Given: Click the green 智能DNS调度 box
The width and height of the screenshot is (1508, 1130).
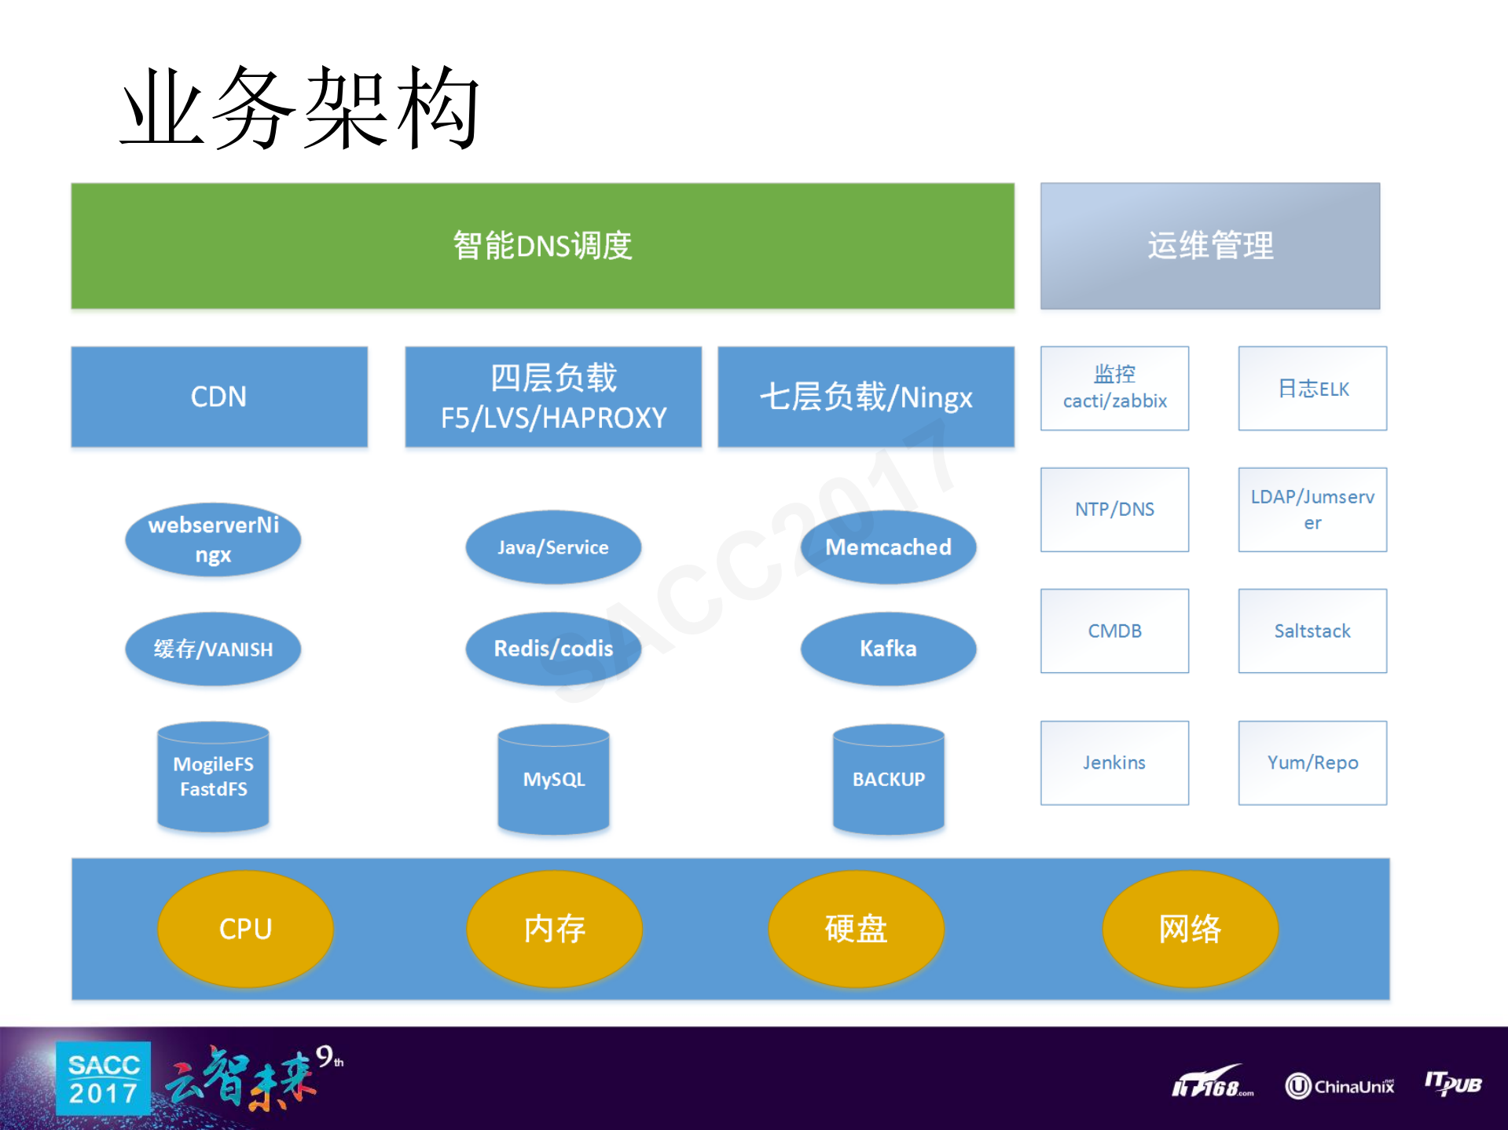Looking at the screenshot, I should pyautogui.click(x=542, y=246).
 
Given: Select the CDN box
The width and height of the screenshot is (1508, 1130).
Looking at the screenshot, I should pyautogui.click(x=219, y=397).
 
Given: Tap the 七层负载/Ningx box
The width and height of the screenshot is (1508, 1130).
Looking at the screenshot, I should pyautogui.click(x=866, y=397).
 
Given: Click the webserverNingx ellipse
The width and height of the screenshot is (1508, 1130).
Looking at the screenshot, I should pyautogui.click(x=213, y=539).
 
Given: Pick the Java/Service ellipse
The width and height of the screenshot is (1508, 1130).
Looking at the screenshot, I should pyautogui.click(x=553, y=547).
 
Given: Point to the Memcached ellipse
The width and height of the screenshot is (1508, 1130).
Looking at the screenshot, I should pyautogui.click(x=888, y=547).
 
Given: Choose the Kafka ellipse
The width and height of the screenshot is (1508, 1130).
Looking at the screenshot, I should pyautogui.click(x=888, y=649).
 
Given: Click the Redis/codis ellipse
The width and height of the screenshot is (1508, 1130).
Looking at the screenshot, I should pyautogui.click(x=553, y=649).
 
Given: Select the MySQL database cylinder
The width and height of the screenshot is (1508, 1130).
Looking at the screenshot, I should pyautogui.click(x=553, y=779).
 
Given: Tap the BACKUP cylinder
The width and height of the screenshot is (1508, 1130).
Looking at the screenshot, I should pyautogui.click(x=888, y=779).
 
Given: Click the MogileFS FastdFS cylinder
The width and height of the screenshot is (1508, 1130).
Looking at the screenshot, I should pyautogui.click(x=213, y=777).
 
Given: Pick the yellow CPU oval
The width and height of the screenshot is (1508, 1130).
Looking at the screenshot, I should pyautogui.click(x=245, y=929).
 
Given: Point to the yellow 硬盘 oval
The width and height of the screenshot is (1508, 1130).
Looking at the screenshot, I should pyautogui.click(x=856, y=929).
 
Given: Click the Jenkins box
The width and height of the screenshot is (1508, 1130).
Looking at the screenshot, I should pyautogui.click(x=1114, y=762).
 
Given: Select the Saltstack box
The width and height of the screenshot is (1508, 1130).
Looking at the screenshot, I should pyautogui.click(x=1312, y=631).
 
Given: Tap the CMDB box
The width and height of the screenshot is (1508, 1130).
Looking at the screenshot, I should pyautogui.click(x=1114, y=631).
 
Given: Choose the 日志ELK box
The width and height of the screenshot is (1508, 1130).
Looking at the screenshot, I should pyautogui.click(x=1312, y=389).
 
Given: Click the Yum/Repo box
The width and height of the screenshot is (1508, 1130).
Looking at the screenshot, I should pyautogui.click(x=1312, y=762).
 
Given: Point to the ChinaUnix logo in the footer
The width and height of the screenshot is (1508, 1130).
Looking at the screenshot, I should pyautogui.click(x=1340, y=1086).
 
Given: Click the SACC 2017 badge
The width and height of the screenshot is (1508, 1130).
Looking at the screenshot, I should pyautogui.click(x=103, y=1078).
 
